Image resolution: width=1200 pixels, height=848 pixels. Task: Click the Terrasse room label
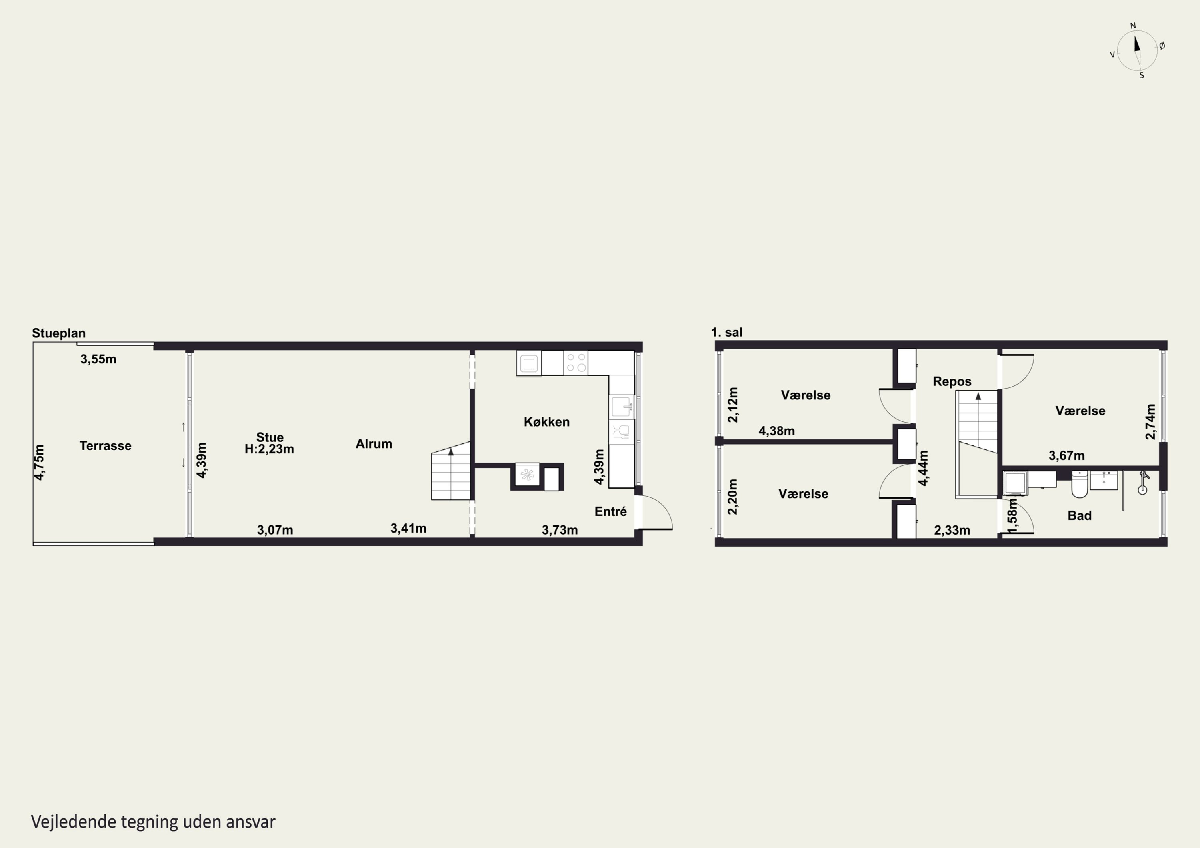[x=105, y=446]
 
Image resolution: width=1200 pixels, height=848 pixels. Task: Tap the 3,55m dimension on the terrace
[x=98, y=359]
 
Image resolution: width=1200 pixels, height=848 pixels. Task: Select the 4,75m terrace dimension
[x=39, y=462]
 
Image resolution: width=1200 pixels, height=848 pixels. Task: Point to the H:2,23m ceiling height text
[x=269, y=449]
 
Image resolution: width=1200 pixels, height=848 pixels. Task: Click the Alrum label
[x=374, y=444]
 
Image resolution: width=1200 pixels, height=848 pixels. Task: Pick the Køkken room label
[x=547, y=422]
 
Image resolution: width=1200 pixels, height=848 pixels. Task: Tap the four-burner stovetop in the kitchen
[x=576, y=363]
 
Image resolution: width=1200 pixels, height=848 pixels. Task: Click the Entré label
[x=610, y=511]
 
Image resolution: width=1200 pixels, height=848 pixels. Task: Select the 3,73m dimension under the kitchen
[x=560, y=530]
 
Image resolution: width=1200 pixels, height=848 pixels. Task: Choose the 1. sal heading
[x=726, y=332]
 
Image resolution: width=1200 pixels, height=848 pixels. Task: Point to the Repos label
[x=952, y=381]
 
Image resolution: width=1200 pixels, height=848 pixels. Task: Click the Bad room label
[x=1079, y=516]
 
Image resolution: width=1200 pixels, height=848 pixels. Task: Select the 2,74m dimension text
[x=1150, y=422]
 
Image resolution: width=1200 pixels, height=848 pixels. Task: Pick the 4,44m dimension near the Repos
[x=924, y=468]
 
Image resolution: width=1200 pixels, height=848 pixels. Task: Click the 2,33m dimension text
[x=952, y=530]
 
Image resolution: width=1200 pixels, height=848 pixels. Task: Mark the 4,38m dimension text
[x=777, y=431]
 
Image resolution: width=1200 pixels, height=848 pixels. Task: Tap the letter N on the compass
[x=1133, y=26]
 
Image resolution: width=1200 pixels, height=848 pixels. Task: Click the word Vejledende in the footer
[x=74, y=822]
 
